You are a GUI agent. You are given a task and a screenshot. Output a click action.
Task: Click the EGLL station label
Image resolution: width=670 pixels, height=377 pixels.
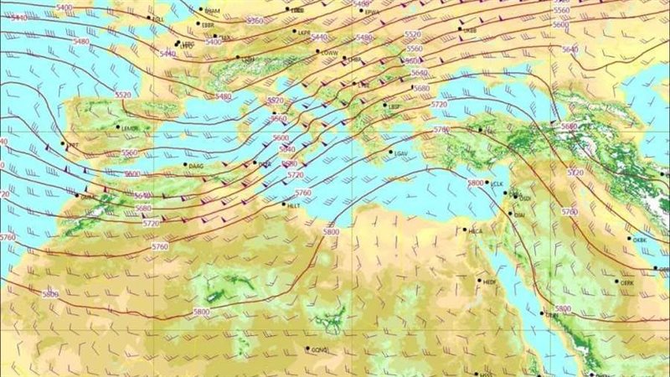[157, 18]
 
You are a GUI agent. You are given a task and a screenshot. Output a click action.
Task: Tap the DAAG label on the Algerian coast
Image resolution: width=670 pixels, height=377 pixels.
[197, 168]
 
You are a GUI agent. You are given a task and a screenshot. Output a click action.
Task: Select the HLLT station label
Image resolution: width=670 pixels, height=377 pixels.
[293, 205]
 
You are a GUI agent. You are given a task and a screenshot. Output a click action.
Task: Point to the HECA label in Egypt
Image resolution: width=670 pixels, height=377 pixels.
[476, 231]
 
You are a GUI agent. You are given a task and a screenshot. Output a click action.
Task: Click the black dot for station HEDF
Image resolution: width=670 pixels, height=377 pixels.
[480, 281]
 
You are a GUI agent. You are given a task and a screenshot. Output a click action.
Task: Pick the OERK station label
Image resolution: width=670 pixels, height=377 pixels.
[627, 283]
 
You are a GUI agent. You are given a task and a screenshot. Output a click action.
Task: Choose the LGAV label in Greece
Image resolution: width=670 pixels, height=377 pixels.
[399, 153]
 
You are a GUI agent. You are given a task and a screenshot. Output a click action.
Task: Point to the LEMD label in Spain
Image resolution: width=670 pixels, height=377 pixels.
[130, 128]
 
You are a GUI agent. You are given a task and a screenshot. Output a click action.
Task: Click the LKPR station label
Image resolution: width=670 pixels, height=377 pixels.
[304, 33]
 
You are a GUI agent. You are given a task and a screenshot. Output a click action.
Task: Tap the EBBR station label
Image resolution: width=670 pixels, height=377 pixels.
[209, 26]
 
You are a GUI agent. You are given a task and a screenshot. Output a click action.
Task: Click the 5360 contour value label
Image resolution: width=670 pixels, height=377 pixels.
[255, 20]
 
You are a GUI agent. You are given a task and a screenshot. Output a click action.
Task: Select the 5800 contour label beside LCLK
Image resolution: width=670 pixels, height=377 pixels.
[476, 183]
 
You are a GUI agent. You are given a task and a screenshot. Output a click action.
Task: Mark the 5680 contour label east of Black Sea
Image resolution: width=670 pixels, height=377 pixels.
[569, 127]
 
